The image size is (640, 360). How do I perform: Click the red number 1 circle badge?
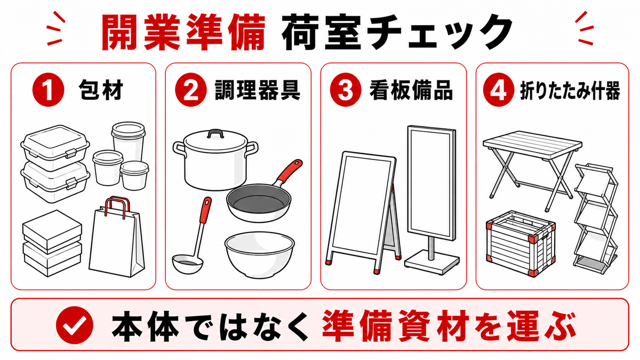[49, 90]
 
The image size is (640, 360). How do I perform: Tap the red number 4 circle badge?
[499, 90]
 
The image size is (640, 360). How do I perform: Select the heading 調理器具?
[258, 90]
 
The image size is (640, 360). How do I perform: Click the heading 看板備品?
[411, 90]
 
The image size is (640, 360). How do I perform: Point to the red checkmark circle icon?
[75, 325]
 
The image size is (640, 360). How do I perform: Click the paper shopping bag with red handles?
[117, 237]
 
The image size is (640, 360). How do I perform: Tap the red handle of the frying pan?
[289, 171]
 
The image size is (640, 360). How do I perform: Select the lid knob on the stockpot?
[214, 133]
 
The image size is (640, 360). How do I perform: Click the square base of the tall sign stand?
[431, 263]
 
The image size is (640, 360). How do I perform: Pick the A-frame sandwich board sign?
[363, 213]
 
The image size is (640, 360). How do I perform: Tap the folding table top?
[532, 142]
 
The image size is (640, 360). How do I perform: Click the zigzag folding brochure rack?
[596, 219]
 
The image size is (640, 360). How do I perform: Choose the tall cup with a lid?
[129, 141]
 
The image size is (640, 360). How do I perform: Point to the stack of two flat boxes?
[52, 243]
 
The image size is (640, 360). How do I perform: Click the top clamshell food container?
[55, 147]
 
